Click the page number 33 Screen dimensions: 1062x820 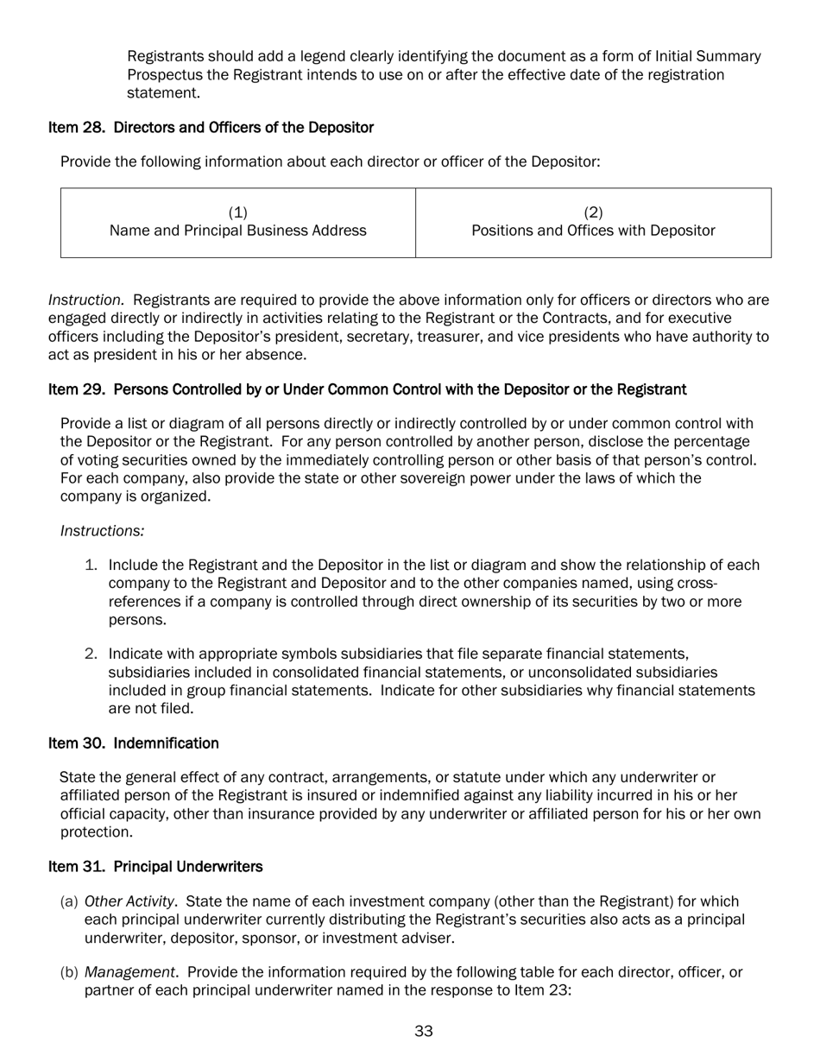[423, 1031]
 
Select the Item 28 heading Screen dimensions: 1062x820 [211, 128]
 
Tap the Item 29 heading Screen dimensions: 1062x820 [367, 389]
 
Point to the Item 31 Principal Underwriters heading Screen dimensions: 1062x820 [155, 866]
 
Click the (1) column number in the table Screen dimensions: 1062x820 [237, 212]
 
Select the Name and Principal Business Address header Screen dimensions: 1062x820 [237, 231]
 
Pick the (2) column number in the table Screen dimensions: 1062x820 [593, 212]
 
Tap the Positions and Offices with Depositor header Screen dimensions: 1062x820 [593, 231]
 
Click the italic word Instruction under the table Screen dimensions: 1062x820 [85, 300]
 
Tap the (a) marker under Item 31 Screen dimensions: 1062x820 [69, 902]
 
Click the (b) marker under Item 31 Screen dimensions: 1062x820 [69, 973]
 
